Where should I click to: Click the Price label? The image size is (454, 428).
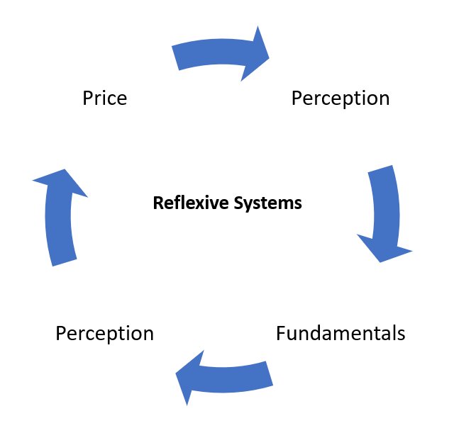coord(104,98)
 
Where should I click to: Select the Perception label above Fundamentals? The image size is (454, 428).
coord(340,98)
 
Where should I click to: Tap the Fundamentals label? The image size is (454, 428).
coord(340,333)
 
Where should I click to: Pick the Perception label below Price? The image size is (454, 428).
coord(104,333)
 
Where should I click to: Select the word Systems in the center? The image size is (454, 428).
coord(267,204)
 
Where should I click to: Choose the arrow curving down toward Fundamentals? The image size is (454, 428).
coord(383,213)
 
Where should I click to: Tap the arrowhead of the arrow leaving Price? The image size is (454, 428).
coord(258,52)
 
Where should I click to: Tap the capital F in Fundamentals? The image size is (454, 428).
coord(282,333)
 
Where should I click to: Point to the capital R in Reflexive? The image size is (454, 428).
coord(157,204)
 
